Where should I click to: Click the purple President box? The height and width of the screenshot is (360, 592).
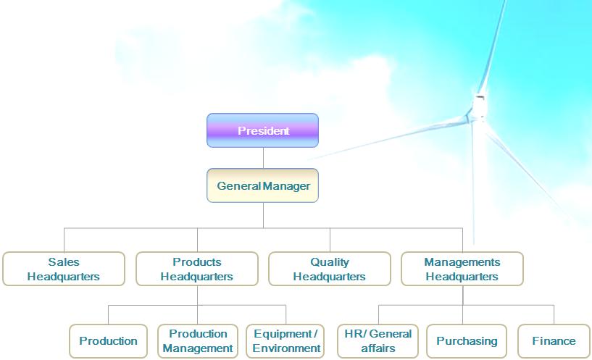click(262, 130)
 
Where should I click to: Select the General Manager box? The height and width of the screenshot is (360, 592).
click(262, 185)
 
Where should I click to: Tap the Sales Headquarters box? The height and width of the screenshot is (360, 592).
click(63, 269)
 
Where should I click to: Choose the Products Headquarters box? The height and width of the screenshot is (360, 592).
click(196, 269)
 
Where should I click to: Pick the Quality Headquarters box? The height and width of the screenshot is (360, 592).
click(329, 269)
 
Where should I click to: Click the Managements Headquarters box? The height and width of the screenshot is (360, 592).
click(462, 269)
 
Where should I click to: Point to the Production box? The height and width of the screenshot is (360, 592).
click(108, 341)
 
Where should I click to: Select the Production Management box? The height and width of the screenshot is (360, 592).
click(198, 341)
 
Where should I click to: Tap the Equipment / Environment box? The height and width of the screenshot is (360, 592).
click(286, 341)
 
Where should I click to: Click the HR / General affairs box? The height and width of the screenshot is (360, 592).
click(378, 341)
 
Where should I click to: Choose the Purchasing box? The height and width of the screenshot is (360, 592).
click(467, 341)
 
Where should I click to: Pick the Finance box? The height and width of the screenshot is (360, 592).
click(554, 341)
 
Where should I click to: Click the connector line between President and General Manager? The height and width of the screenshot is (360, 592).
click(263, 158)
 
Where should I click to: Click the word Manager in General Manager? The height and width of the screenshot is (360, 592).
click(286, 186)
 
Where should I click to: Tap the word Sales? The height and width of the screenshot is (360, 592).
click(63, 262)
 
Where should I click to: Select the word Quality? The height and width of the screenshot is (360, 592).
click(329, 262)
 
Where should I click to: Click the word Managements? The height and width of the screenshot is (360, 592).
click(462, 262)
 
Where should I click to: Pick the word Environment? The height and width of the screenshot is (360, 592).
click(286, 348)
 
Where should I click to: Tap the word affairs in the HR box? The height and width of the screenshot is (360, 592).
click(378, 348)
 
